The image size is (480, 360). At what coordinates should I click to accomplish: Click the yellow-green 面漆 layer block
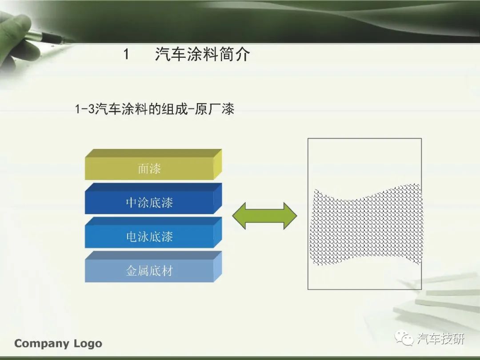(x=153, y=164)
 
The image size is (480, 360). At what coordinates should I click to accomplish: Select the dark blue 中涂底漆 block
(x=153, y=198)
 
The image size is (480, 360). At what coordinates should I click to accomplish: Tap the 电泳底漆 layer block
(x=153, y=232)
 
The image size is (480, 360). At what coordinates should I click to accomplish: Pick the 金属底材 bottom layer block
(x=153, y=266)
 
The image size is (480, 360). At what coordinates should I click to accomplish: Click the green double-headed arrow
(x=264, y=216)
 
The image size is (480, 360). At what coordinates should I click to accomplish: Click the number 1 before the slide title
(x=126, y=55)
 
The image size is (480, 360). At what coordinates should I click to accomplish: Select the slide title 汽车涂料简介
(x=202, y=55)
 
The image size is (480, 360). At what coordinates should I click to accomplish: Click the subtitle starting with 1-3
(x=155, y=109)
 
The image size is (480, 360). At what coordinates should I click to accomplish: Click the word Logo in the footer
(x=88, y=344)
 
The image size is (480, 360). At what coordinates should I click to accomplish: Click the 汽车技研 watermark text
(x=440, y=339)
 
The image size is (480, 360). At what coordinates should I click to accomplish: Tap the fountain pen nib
(x=63, y=39)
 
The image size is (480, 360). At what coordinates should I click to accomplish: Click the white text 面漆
(x=149, y=169)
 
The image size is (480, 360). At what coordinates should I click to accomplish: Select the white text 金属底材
(x=149, y=271)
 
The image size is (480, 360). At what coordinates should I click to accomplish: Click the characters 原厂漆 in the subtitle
(x=214, y=109)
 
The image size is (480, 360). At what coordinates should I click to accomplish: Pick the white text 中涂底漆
(x=149, y=203)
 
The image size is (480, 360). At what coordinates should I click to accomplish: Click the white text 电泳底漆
(x=149, y=236)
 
